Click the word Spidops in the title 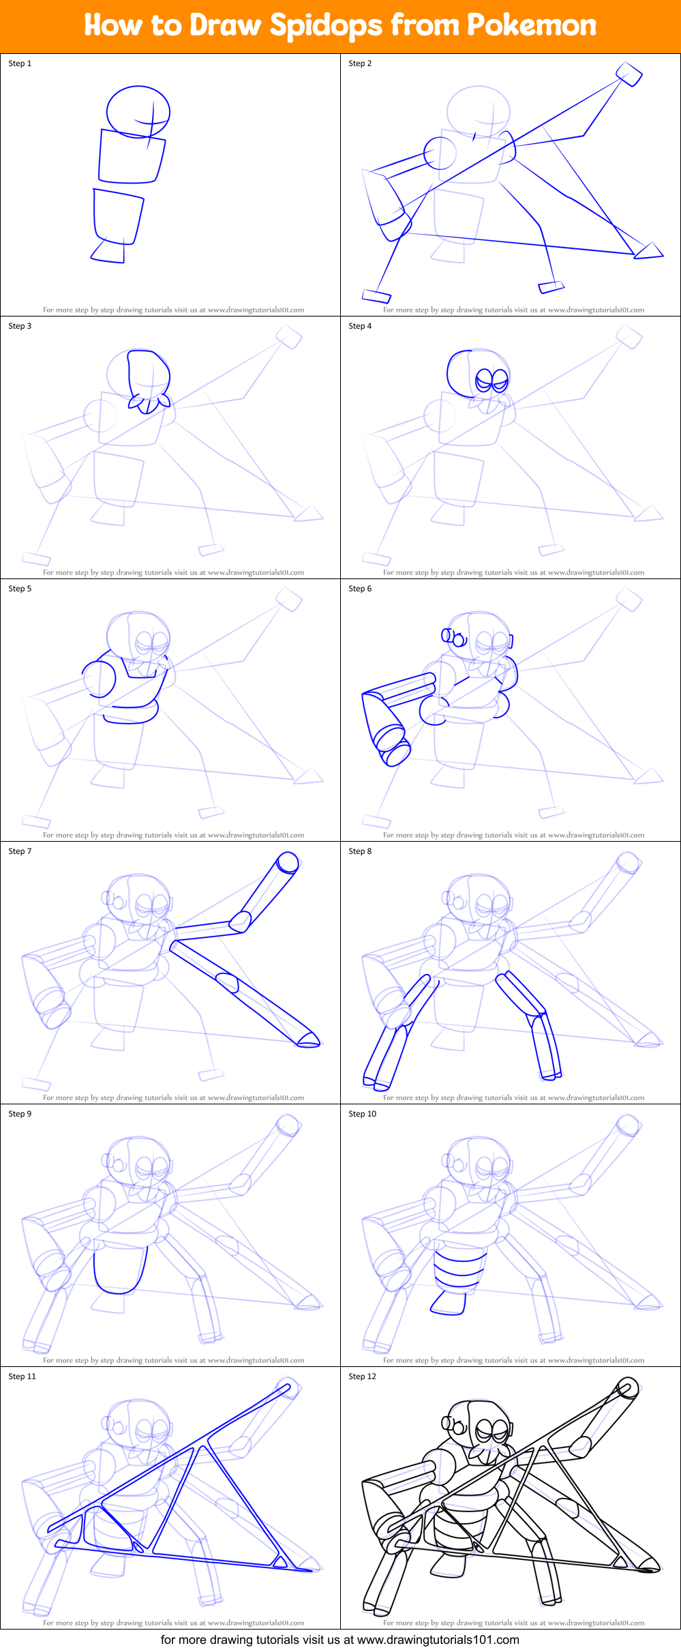click(x=326, y=26)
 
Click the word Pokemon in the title click(x=532, y=25)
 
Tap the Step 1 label click(x=20, y=63)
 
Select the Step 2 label click(x=360, y=63)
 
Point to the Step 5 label click(x=20, y=589)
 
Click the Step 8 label click(x=360, y=851)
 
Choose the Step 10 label click(x=362, y=1114)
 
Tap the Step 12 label click(x=362, y=1376)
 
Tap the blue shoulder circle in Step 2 click(x=440, y=153)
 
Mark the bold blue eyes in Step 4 click(x=491, y=379)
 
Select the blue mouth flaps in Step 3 click(x=148, y=404)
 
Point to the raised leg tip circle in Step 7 click(x=288, y=863)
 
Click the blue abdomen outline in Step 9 click(x=119, y=1270)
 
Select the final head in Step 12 click(x=477, y=1425)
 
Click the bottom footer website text click(x=339, y=1640)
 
